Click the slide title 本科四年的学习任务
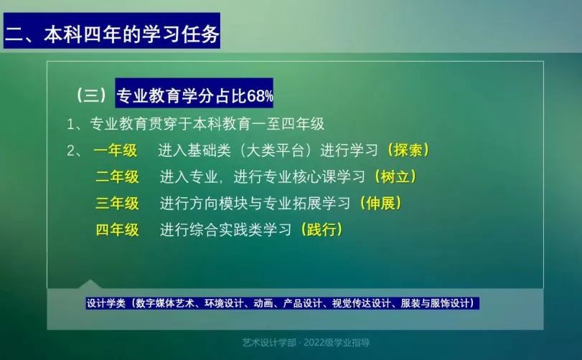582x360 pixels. (x=132, y=34)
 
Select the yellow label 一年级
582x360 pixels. (x=116, y=151)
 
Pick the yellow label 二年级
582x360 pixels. (x=117, y=177)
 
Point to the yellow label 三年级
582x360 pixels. (x=117, y=203)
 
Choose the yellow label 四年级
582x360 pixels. (x=117, y=230)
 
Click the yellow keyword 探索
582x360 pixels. (x=408, y=150)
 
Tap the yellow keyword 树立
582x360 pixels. (x=395, y=176)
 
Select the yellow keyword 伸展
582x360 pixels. (x=380, y=203)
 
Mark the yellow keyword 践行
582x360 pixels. (x=321, y=229)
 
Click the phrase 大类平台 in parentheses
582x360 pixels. (x=275, y=151)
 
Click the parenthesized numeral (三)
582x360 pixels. (x=91, y=95)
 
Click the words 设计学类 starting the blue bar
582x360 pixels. (x=106, y=303)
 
